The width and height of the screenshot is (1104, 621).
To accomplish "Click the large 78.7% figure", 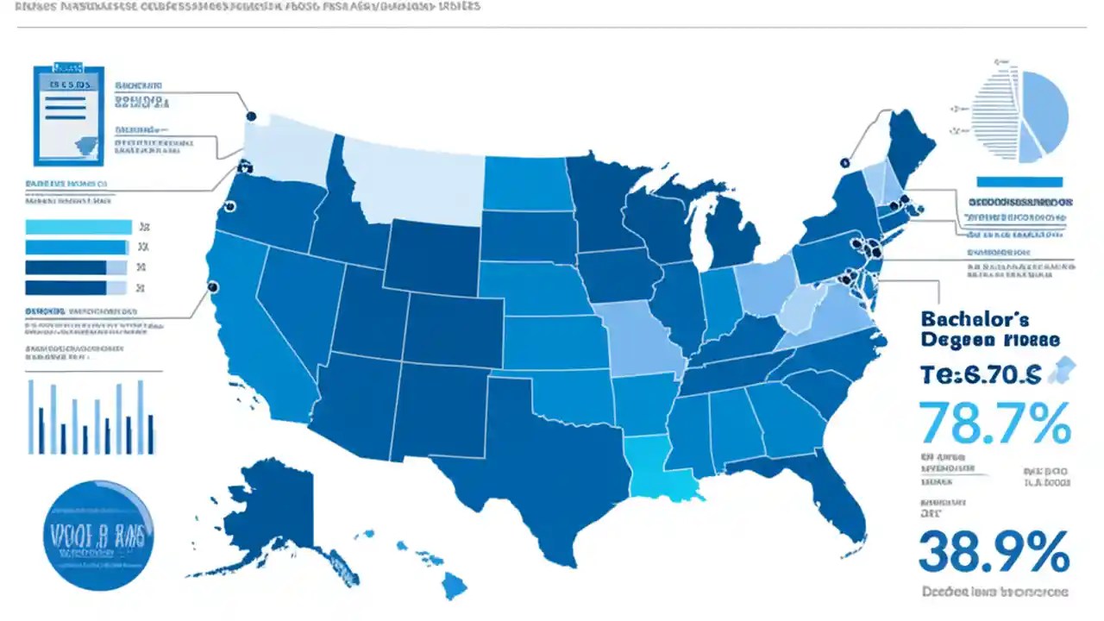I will (995, 423).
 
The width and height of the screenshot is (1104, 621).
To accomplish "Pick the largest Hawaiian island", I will (454, 586).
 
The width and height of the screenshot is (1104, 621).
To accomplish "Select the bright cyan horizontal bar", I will (79, 227).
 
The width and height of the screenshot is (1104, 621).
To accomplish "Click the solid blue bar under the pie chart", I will (1019, 181).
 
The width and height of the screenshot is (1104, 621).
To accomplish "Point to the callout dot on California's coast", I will (212, 287).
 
